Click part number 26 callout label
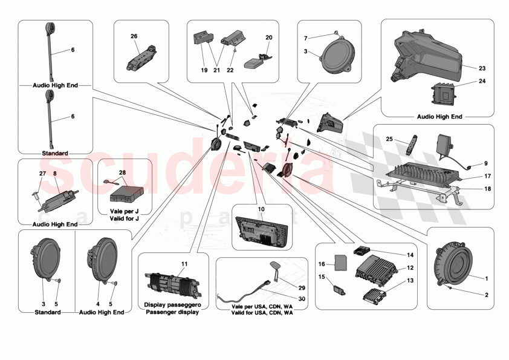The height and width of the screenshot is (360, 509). (134, 36)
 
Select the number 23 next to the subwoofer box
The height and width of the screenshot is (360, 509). (482, 68)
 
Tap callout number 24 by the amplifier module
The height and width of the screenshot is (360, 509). (482, 80)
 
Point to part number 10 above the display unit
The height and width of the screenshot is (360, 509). (262, 209)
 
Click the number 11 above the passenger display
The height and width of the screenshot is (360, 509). (184, 264)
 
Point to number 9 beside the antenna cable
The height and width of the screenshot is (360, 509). (484, 163)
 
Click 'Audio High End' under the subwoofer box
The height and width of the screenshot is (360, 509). (439, 116)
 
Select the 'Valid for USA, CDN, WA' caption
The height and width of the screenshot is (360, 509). (262, 313)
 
